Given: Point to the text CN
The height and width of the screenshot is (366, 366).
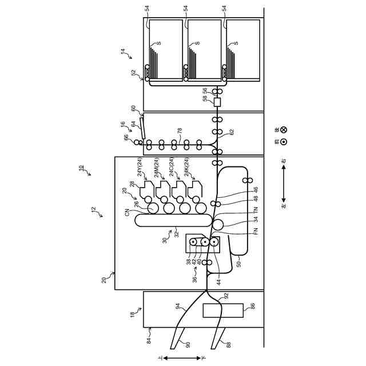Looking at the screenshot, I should (127, 213).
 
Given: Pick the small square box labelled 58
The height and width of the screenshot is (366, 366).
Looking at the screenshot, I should (217, 102).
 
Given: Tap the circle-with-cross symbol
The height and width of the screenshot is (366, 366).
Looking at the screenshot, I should (284, 130).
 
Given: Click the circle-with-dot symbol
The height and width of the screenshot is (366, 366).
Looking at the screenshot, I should (284, 142).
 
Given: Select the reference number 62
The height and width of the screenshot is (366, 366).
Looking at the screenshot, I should (232, 132).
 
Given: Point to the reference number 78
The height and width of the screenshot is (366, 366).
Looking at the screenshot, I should (180, 131).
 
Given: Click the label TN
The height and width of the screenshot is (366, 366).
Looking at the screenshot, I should (256, 210).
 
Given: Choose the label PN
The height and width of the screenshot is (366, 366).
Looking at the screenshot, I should (256, 231).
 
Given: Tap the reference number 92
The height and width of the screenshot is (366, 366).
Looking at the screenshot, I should (226, 296).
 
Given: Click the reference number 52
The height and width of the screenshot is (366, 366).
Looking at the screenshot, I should (134, 73).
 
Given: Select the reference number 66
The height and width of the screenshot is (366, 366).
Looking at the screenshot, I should (127, 138).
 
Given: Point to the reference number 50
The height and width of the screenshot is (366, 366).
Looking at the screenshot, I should (239, 264).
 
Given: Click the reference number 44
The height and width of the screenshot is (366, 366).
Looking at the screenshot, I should (218, 282).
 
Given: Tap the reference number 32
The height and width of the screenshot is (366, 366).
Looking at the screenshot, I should (177, 233).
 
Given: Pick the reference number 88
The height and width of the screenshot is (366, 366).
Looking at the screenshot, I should (229, 345).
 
